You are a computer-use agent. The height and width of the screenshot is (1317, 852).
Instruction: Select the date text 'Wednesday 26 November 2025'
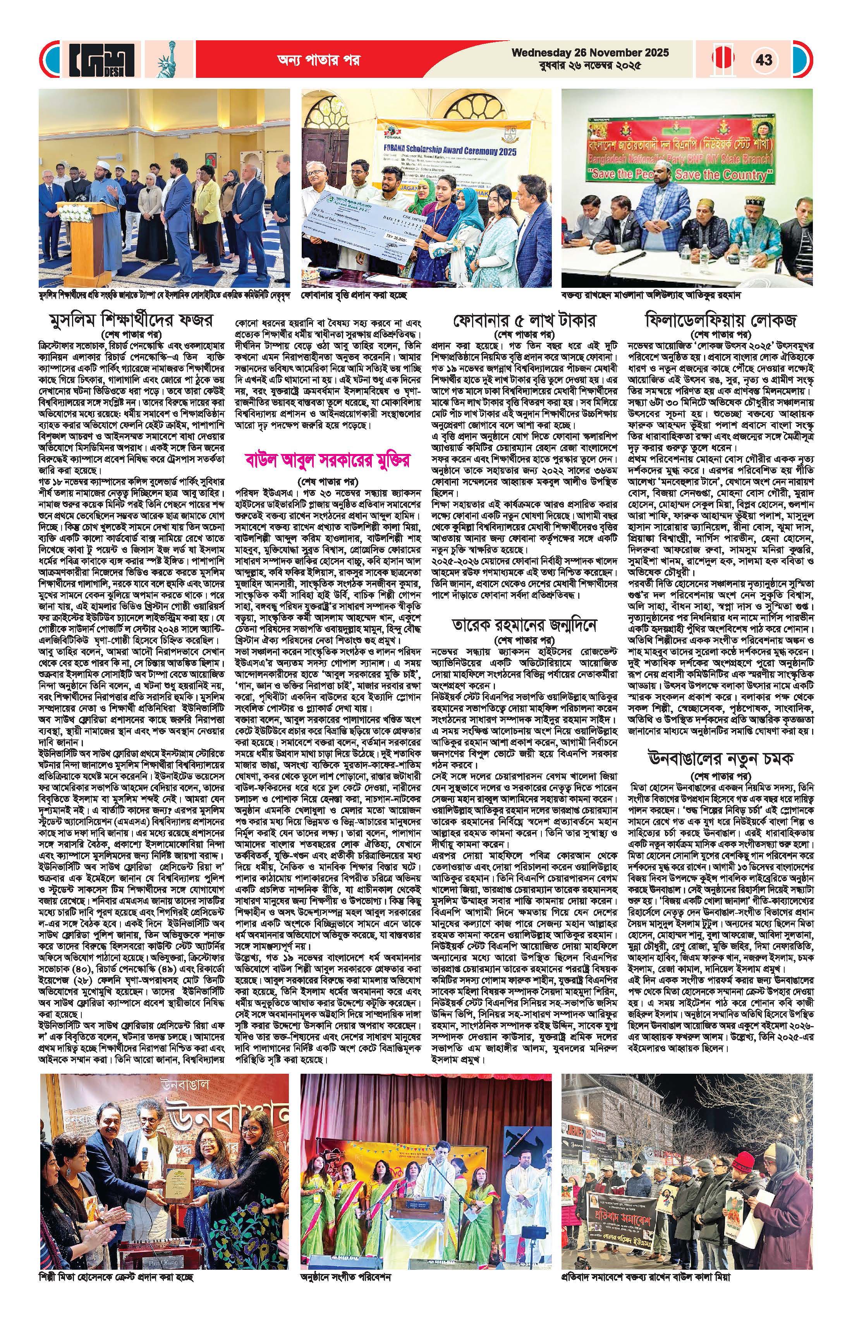(590, 53)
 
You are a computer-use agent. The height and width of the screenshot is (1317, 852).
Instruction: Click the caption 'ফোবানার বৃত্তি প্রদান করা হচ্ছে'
(354, 296)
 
